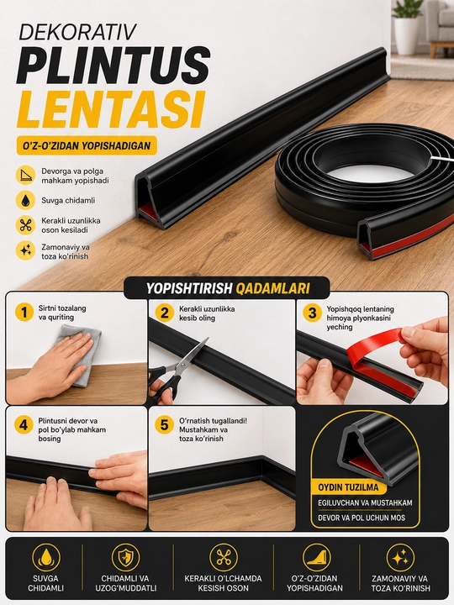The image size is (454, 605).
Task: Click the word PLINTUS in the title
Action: tap(113, 65)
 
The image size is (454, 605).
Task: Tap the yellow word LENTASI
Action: tap(109, 108)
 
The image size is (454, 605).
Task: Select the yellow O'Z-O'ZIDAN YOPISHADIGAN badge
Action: tap(87, 145)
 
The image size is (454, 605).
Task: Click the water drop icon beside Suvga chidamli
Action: tap(25, 200)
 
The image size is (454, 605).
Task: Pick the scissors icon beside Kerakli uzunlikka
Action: tap(25, 225)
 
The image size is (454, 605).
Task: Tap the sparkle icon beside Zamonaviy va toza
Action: tap(25, 250)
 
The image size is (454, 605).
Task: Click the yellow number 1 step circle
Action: tap(24, 312)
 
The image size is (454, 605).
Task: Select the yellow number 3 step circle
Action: tap(312, 313)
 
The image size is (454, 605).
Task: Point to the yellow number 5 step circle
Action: tap(165, 425)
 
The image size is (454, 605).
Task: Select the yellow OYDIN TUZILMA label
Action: tap(348, 487)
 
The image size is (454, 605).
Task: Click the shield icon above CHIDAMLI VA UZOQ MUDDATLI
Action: tap(125, 558)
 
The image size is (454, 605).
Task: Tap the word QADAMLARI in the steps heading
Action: tap(272, 288)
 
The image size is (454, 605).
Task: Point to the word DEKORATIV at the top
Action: tap(77, 33)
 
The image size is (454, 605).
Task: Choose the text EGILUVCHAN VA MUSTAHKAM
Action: tap(365, 502)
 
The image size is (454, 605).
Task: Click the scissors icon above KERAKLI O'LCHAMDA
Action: tap(224, 558)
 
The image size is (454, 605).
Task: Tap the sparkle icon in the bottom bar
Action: tap(400, 558)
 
